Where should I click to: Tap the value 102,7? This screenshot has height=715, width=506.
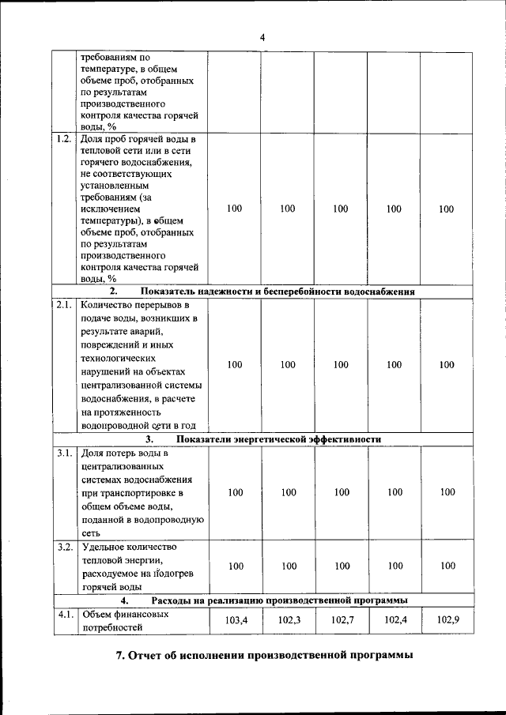click(x=342, y=621)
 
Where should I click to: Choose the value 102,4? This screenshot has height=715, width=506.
click(x=395, y=621)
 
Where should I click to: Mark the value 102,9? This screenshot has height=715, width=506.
click(x=447, y=621)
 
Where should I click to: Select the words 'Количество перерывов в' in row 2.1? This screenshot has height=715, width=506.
click(x=135, y=304)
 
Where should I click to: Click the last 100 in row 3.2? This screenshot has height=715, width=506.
click(x=447, y=566)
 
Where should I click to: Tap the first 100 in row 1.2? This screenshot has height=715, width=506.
click(x=235, y=209)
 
